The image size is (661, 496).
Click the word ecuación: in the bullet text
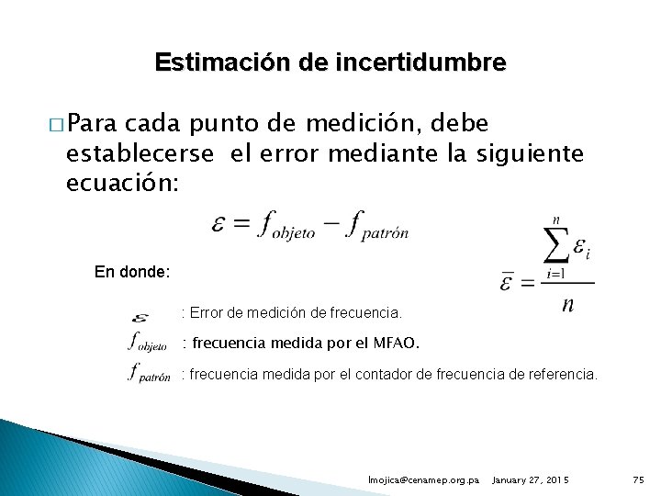click(x=125, y=184)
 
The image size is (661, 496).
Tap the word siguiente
click(x=530, y=154)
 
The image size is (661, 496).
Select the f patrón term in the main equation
click(x=377, y=226)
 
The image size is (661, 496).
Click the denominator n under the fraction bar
click(x=568, y=304)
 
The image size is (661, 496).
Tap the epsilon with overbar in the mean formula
click(x=507, y=282)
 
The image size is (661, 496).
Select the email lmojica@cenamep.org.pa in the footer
click(x=423, y=479)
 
